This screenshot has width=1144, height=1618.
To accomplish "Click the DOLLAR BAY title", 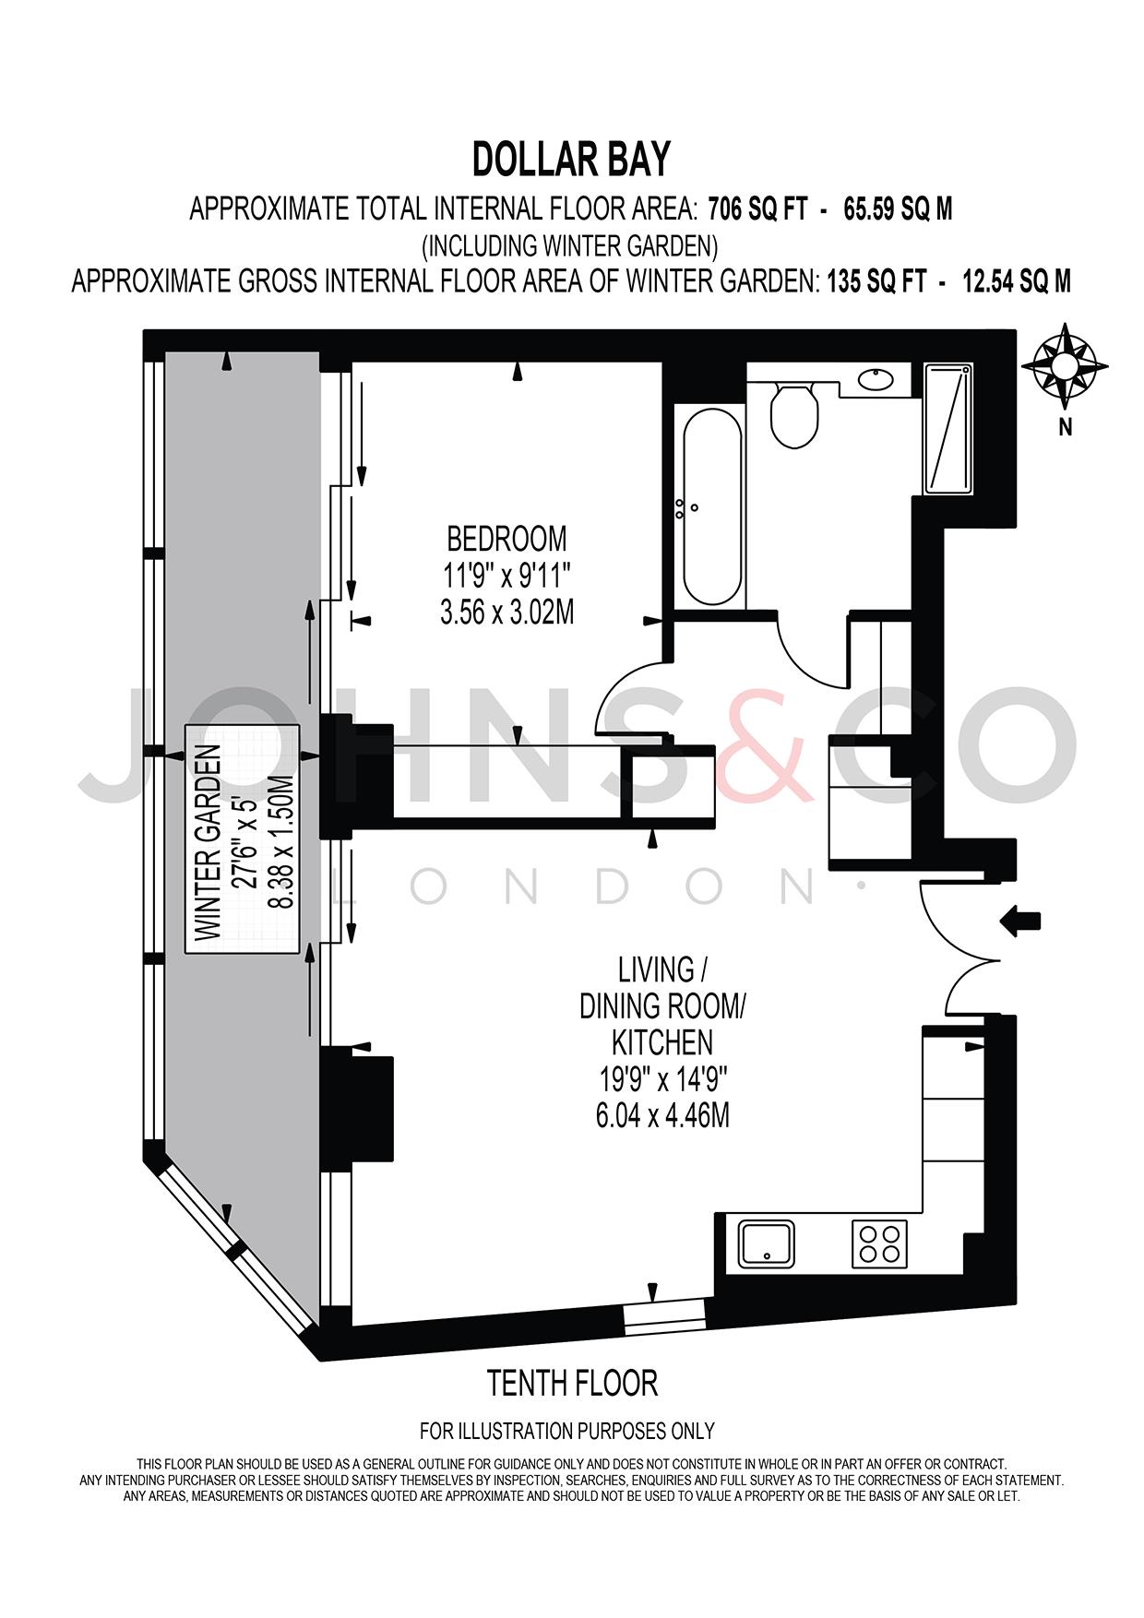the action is (x=571, y=160).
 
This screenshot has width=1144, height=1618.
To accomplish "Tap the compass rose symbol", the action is (x=1066, y=366).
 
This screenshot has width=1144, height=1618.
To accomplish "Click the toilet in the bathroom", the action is (x=793, y=415).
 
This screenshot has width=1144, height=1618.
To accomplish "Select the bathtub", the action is (x=710, y=506).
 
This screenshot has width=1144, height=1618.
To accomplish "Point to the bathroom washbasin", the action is (x=875, y=378).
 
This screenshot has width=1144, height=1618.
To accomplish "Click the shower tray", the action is (x=947, y=428).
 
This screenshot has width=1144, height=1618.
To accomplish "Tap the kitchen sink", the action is (x=767, y=1243).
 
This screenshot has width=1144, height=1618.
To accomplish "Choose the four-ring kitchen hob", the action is (x=879, y=1243).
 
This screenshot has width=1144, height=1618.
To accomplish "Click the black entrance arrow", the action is (x=1020, y=921).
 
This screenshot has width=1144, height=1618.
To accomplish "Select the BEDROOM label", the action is (x=506, y=537).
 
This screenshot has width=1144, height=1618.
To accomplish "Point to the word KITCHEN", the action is (x=662, y=1042).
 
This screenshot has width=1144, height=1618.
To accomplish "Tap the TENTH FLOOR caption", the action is (x=572, y=1383).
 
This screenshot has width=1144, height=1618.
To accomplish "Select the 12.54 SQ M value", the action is (x=1017, y=281).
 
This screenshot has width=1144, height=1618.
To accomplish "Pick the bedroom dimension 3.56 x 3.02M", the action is (x=506, y=613).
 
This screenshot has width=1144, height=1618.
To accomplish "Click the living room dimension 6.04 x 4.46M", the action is (x=662, y=1116).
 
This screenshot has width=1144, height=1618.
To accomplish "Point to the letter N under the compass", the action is (x=1066, y=427).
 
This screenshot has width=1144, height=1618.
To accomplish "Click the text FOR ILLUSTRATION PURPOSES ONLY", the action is (x=567, y=1431).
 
